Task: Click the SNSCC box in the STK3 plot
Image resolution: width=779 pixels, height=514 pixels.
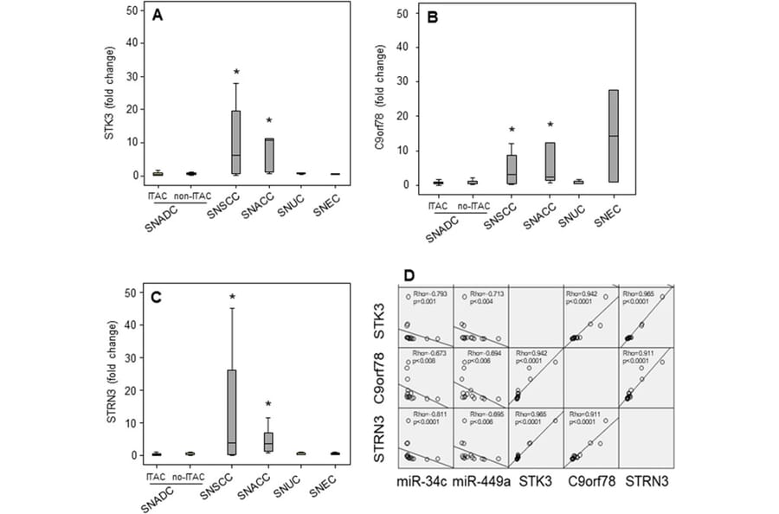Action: point(235,142)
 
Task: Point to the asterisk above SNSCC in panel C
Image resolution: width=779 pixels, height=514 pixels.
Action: point(233,299)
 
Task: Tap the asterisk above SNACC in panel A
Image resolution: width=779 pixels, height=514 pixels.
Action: point(269,121)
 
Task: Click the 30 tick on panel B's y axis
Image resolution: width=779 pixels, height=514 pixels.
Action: point(402,81)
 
